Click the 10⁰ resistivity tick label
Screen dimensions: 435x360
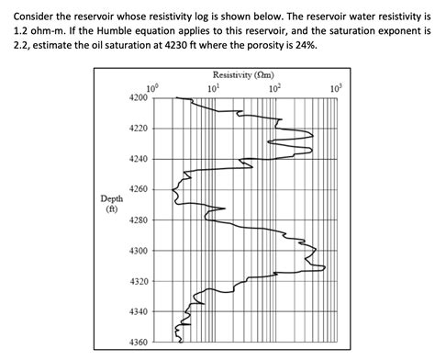coord(152,86)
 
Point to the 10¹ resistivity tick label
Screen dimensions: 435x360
coord(214,86)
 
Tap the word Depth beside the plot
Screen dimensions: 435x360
coord(112,198)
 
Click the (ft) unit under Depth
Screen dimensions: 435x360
coord(112,209)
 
